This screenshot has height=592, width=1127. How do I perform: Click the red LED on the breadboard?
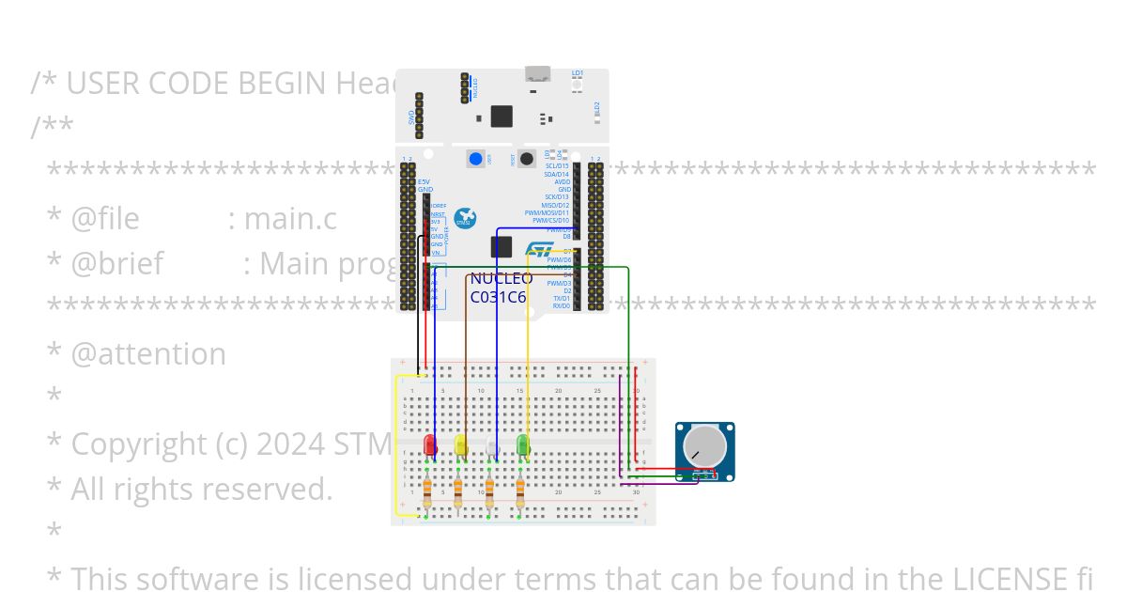pos(430,444)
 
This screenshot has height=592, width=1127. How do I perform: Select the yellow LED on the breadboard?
pos(460,444)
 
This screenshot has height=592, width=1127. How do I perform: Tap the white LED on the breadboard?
pos(491,447)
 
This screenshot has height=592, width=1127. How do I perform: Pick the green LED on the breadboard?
pos(523,444)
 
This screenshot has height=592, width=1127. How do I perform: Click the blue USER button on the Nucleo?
pos(477,159)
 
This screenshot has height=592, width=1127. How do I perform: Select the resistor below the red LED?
pos(428,490)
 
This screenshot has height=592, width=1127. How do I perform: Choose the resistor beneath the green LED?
pos(519,490)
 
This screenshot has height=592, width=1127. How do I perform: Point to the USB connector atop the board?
pos(537,74)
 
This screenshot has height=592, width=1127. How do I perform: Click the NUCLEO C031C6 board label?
pos(501,288)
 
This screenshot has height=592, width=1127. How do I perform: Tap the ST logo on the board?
pos(539,250)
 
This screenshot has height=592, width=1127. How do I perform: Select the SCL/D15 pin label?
pos(557,166)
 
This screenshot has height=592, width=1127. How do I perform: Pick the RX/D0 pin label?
pos(561,305)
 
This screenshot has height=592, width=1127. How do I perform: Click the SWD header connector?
pos(419,116)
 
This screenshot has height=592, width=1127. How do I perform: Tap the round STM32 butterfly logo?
pos(465,219)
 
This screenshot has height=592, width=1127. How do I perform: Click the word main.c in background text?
pos(289,219)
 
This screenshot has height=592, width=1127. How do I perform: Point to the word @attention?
pos(148,354)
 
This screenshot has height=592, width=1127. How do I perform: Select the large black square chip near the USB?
pos(502,116)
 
